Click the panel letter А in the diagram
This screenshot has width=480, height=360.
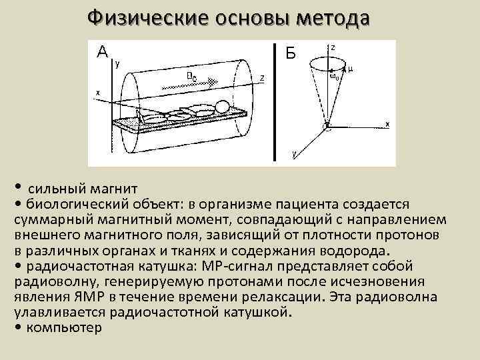(101, 51)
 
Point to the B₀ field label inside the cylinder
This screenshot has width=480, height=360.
(191, 77)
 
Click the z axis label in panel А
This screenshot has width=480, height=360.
(262, 78)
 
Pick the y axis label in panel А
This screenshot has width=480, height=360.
(118, 65)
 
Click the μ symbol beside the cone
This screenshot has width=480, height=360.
(351, 68)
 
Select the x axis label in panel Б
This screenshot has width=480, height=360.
(387, 124)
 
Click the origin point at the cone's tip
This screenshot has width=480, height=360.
(327, 124)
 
